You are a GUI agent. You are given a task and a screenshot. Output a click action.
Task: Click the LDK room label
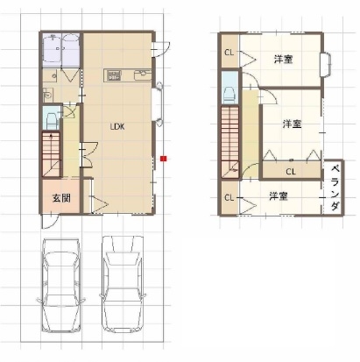[x=117, y=126]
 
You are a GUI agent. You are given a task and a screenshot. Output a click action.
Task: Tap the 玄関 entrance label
[x=61, y=198]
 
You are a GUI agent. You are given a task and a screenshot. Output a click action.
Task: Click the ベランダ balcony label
[x=335, y=188]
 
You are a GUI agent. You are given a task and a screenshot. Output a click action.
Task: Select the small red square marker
[x=164, y=159]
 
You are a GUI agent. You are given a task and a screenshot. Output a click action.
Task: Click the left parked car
[x=61, y=285]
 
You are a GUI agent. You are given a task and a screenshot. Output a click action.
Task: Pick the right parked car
[x=123, y=283]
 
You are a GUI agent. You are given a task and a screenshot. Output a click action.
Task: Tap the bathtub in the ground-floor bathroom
[x=70, y=49]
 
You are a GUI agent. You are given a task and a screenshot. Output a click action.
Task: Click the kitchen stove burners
[x=113, y=75]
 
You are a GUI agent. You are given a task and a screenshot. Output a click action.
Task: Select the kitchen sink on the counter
[x=143, y=75]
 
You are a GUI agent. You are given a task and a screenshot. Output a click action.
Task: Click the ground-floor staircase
[x=52, y=154]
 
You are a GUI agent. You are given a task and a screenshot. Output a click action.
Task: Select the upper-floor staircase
[x=230, y=142]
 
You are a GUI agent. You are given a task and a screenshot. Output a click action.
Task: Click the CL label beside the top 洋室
[x=229, y=53]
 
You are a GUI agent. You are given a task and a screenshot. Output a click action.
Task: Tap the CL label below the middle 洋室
[x=291, y=172]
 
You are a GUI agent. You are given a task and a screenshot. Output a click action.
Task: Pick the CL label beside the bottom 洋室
[x=229, y=198]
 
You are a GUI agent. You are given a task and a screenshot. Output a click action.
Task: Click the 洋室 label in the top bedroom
[x=283, y=60]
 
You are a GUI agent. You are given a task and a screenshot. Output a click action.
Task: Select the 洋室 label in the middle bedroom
[x=292, y=124]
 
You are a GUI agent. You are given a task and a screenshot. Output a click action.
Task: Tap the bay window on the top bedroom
[x=326, y=65]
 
